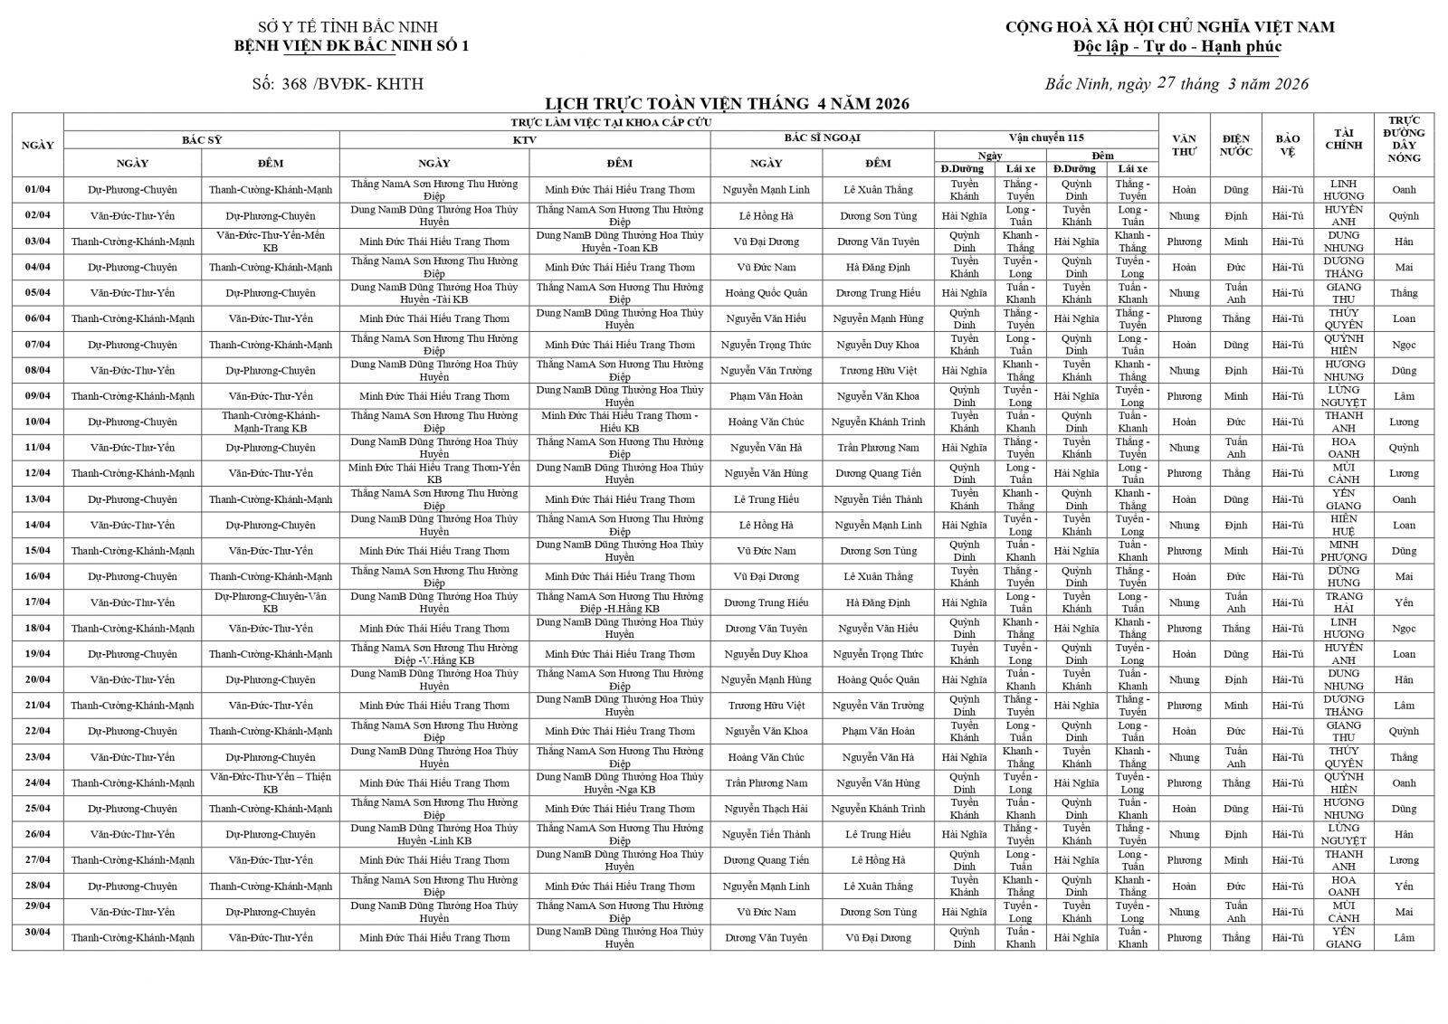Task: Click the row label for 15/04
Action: [x=38, y=550]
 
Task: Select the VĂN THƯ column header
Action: [x=1184, y=145]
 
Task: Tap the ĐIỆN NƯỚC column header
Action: [x=1235, y=145]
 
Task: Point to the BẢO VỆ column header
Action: [x=1287, y=145]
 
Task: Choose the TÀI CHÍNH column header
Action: [x=1343, y=139]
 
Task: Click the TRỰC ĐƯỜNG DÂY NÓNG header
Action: [x=1404, y=139]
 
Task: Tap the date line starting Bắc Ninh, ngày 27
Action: [x=1176, y=84]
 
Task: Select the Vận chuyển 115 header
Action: [x=1046, y=138]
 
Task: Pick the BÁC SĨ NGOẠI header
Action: [x=822, y=138]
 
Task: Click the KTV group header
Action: [x=524, y=139]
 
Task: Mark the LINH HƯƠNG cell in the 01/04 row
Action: [x=1343, y=190]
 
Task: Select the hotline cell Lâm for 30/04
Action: [x=1404, y=937]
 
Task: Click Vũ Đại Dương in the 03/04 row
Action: [x=766, y=242]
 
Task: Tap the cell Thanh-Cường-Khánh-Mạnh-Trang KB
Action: [x=270, y=422]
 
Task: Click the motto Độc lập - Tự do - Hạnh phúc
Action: [x=1176, y=47]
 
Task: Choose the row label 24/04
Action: [x=38, y=782]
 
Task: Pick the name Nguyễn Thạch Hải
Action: [x=766, y=809]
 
